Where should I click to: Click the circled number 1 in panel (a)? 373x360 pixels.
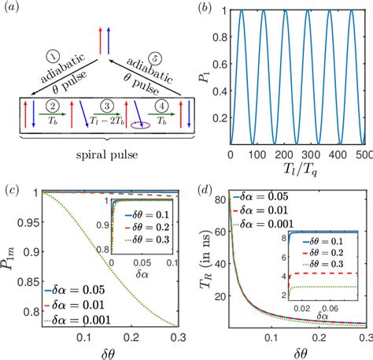pyautogui.click(x=50, y=58)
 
